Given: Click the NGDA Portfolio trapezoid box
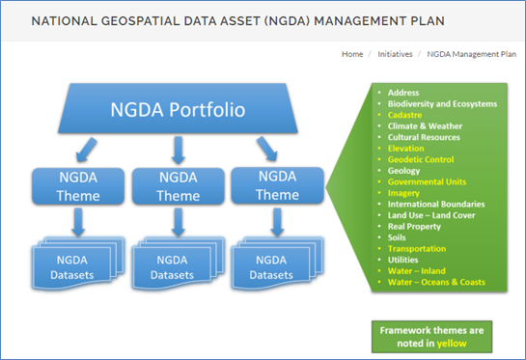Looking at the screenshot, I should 178,108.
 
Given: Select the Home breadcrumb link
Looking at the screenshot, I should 351,54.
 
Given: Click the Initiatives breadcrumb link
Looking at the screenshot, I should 396,54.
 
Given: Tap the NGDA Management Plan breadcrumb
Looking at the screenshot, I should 471,54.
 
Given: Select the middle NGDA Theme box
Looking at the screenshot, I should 177,186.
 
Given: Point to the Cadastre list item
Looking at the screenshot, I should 406,115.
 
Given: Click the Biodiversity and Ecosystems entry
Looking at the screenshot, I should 442,103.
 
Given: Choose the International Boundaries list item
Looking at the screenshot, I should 436,204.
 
